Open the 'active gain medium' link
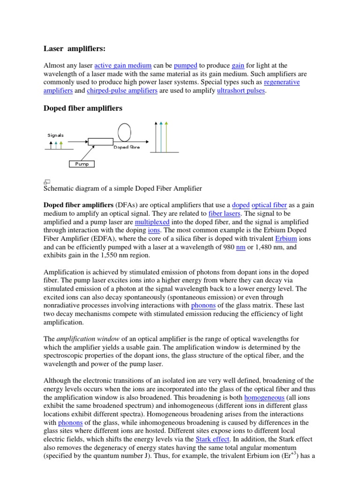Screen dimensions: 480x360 123,66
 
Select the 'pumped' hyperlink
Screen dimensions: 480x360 185,66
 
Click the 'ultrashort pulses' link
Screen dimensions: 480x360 241,91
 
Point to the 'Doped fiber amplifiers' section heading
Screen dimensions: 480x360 82,108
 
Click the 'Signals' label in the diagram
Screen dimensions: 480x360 55,135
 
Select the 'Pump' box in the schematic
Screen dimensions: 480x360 82,164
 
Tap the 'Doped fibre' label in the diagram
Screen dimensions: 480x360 127,147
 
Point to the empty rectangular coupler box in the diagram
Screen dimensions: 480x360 100,141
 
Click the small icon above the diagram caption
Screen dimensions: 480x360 47,181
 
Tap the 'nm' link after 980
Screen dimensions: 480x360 241,247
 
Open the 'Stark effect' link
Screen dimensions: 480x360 213,440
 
